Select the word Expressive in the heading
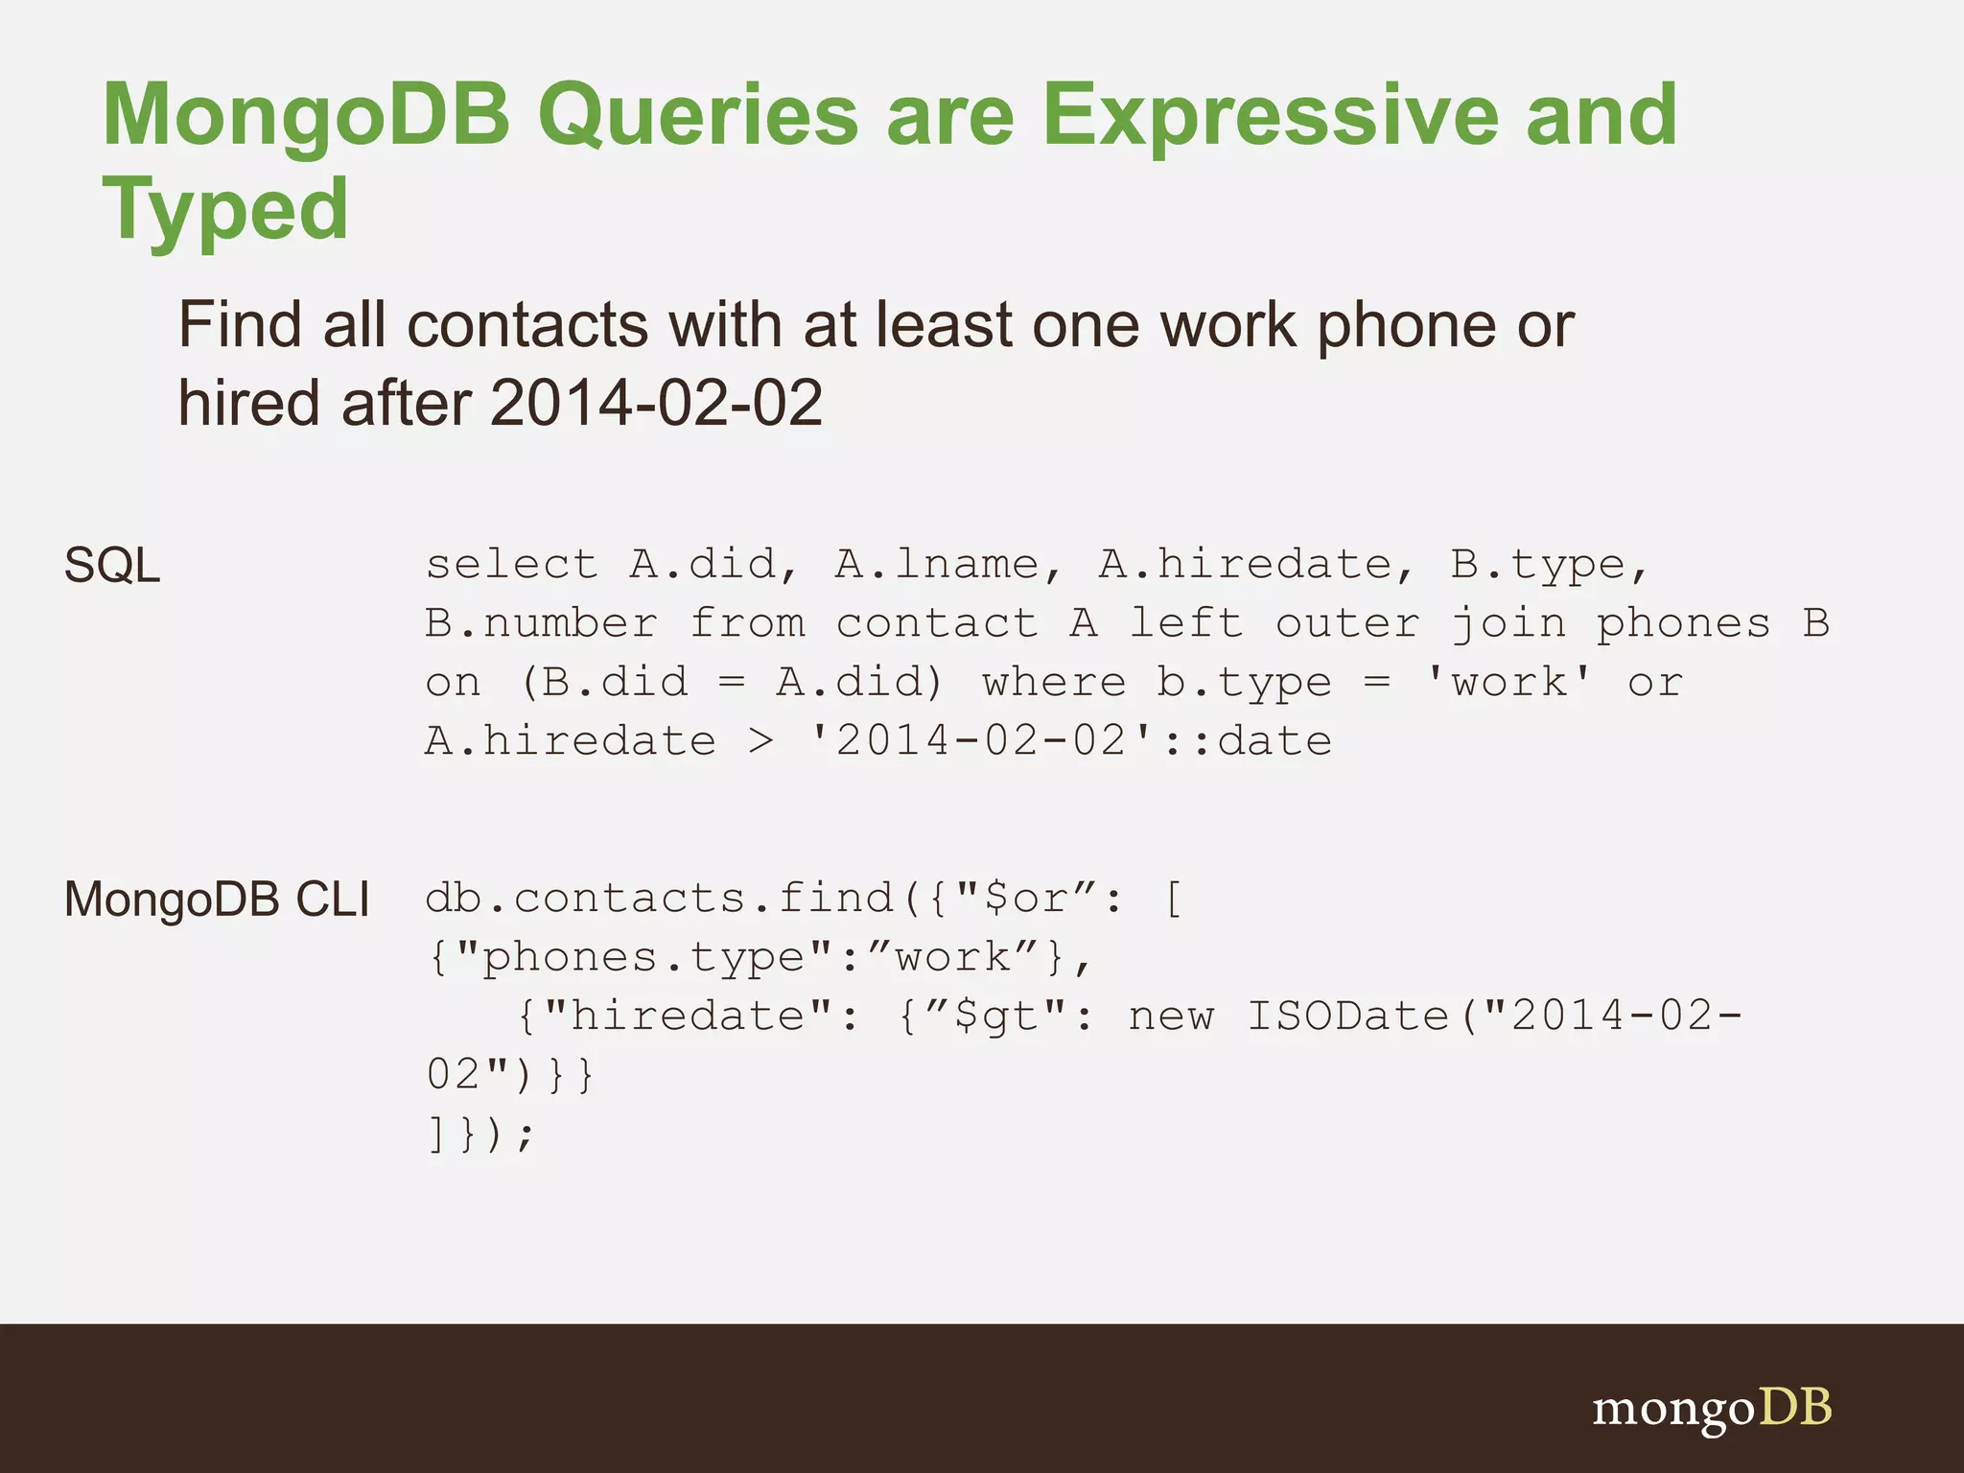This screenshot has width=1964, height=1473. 1270,115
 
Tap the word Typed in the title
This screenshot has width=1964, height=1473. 225,209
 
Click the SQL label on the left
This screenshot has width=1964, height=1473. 111,565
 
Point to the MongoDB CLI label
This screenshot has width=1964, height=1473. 217,900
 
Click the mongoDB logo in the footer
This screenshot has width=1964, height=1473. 1712,1409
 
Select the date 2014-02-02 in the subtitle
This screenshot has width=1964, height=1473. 657,402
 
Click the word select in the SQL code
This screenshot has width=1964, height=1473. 512,564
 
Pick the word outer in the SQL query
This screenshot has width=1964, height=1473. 1347,623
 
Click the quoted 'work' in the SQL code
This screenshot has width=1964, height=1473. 1508,682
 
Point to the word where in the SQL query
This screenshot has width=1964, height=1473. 1054,682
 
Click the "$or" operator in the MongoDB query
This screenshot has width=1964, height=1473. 1026,899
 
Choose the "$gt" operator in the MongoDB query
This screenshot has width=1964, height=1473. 996,1017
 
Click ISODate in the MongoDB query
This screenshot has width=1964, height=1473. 1347,1017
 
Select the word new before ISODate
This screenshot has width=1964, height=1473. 1171,1017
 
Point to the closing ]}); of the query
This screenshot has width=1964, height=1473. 479,1134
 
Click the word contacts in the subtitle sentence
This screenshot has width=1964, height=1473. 528,325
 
